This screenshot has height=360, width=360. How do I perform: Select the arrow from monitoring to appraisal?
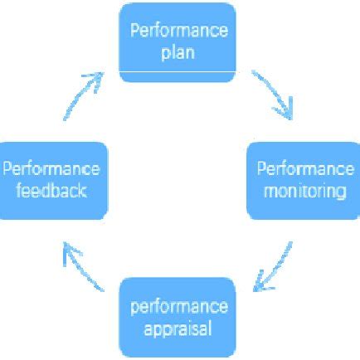(275, 265)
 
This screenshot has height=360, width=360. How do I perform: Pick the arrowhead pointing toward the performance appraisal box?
(259, 285)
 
